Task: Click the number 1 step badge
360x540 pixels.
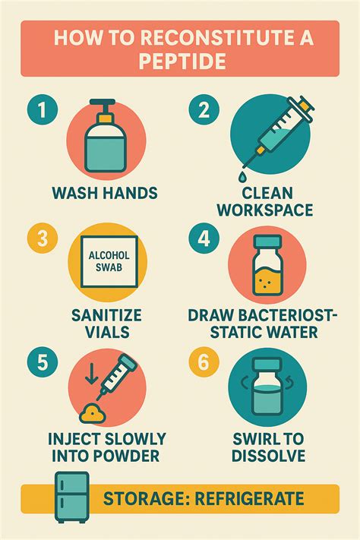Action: point(42,110)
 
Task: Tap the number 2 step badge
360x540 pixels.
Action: point(204,110)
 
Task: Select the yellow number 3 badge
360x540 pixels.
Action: point(42,238)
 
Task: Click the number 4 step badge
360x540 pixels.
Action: point(204,238)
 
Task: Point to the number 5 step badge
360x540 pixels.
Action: point(42,362)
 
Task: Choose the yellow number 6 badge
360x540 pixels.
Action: point(204,362)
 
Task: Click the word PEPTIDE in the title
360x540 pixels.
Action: point(182,62)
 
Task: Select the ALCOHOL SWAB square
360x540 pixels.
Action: point(109,262)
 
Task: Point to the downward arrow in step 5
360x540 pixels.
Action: point(91,374)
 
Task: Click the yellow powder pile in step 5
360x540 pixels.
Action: point(92,414)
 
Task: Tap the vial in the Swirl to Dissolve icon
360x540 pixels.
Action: point(267,387)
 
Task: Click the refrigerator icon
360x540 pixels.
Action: point(71,497)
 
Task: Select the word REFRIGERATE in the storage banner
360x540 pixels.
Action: point(249,499)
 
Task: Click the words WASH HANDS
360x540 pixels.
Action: point(105,193)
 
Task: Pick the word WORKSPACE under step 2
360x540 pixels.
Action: point(265,210)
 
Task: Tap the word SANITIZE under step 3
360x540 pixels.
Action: point(106,315)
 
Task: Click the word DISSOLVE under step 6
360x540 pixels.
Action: point(268,455)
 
